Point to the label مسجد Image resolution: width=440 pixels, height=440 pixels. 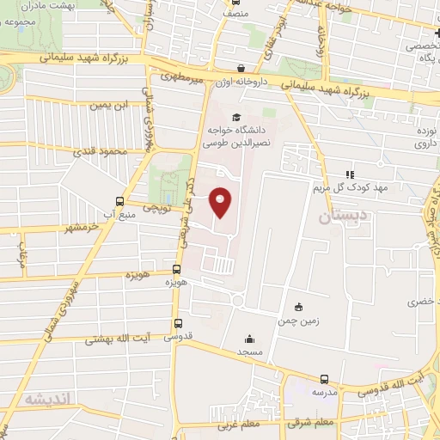pos(248,353)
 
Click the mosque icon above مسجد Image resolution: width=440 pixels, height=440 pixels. pos(249,339)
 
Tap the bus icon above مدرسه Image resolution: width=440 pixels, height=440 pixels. pos(324,379)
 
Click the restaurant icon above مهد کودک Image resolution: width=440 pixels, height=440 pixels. pos(348,174)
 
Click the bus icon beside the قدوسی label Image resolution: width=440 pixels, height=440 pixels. pos(178,324)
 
